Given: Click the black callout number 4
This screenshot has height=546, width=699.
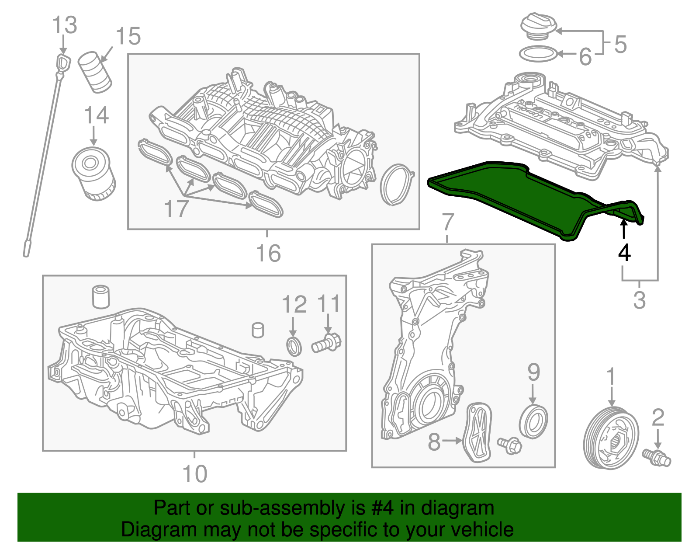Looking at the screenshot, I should [624, 253].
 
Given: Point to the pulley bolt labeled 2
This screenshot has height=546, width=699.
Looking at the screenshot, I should [657, 457].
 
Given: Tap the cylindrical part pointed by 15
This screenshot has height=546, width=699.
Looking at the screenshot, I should [95, 72].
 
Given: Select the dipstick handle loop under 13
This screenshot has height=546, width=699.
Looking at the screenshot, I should [63, 63].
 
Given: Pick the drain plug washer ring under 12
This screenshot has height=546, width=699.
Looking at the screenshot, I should [294, 347].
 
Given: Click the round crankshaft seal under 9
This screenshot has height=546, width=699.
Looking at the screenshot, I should [533, 421].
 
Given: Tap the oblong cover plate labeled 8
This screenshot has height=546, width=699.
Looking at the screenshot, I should [479, 432].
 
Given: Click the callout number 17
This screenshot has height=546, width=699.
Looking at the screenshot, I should [176, 209].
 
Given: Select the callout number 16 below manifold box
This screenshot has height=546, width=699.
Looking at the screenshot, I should [268, 254].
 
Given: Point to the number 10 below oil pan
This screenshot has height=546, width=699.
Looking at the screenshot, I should [194, 474].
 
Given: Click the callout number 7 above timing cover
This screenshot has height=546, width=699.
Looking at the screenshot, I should [448, 222].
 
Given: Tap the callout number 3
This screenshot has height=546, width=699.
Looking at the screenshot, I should [639, 300].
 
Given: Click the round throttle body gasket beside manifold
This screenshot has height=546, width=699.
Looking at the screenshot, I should [397, 185].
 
